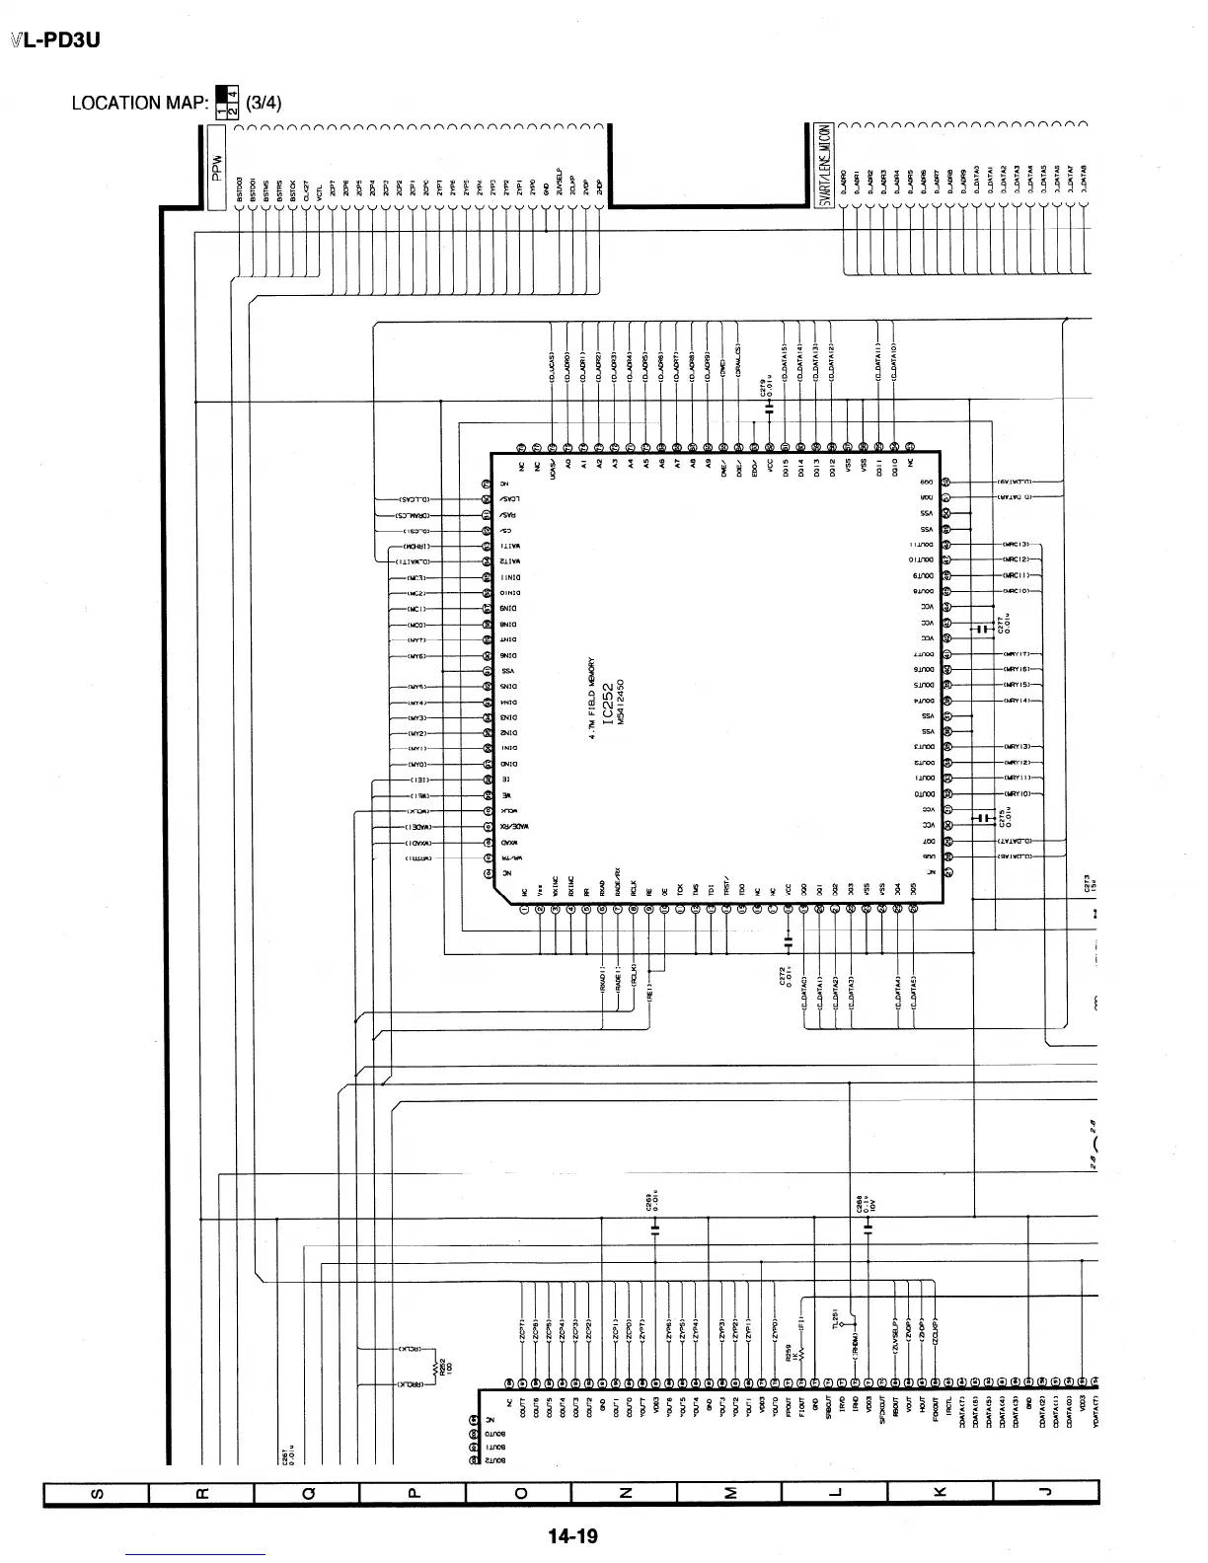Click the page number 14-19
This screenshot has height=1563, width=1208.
tap(573, 1535)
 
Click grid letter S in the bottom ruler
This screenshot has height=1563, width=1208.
tap(95, 1493)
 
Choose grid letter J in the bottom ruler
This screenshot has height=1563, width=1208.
tap(1045, 1493)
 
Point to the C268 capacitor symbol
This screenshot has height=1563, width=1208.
tap(868, 1229)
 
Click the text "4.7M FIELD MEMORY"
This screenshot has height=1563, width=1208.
tap(591, 702)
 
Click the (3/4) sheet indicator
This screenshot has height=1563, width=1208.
tap(264, 103)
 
